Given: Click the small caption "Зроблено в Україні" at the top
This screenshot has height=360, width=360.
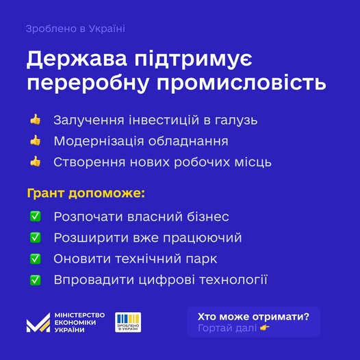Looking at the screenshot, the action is pos(75,29).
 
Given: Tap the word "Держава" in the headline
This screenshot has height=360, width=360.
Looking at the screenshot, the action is pos(77,59).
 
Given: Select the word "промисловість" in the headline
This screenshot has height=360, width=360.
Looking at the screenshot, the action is pos(241,83).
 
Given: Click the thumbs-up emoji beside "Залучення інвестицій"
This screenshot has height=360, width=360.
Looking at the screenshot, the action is pos(36,119).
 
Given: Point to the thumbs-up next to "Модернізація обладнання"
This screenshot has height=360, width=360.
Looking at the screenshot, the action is pos(36,140).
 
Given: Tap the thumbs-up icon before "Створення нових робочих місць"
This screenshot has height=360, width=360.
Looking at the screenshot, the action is pos(36,162).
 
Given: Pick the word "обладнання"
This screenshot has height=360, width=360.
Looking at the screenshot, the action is pos(188,141).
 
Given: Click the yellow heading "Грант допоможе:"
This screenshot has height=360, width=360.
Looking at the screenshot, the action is pos(86,193).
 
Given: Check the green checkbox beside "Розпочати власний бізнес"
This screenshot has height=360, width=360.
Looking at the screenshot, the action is pos(36,216).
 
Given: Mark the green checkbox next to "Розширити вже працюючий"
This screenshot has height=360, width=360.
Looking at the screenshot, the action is pos(36,237).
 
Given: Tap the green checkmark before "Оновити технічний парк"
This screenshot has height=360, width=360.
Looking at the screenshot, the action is pos(36,259).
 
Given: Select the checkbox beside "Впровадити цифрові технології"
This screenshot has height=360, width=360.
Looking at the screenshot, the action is pos(36,280).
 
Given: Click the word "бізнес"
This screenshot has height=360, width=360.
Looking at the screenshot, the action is pos(208,216).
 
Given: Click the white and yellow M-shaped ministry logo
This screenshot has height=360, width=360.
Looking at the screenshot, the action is pos(38,322).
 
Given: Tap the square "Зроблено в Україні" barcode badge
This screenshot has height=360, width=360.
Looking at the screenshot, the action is pos(128,322).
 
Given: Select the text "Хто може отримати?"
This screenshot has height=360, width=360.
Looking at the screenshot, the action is pos(253,317).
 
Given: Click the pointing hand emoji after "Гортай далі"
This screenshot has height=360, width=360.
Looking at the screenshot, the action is pos(265,328).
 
